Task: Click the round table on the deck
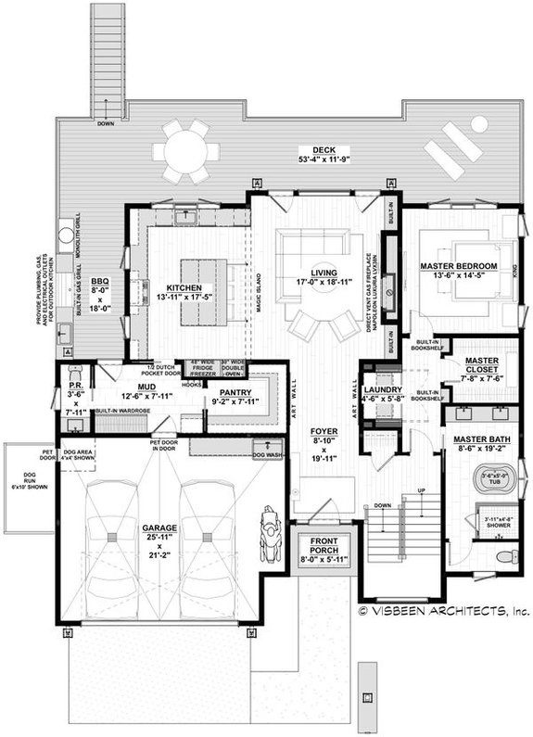pos(186,150)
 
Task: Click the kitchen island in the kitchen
pos(203,294)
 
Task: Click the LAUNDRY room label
pos(381,390)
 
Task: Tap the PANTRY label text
pos(235,393)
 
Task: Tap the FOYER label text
pos(323,431)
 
